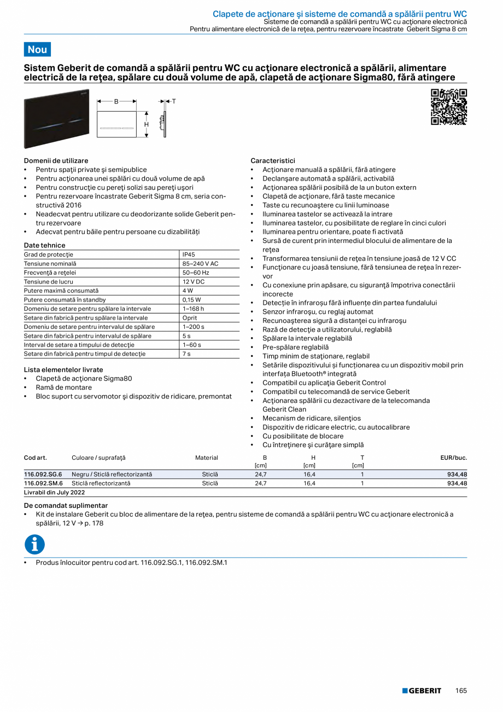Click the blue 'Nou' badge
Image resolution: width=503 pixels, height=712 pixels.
pyautogui.click(x=37, y=49)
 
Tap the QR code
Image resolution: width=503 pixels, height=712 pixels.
pyautogui.click(x=449, y=107)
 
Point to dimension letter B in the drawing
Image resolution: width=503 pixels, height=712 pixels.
pyautogui.click(x=116, y=101)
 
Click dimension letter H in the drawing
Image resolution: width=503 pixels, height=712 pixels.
pyautogui.click(x=146, y=124)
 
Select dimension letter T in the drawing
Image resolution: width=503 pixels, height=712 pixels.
pyautogui.click(x=174, y=101)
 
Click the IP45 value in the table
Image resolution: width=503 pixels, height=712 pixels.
pyautogui.click(x=189, y=254)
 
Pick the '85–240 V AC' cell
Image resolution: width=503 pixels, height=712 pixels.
pyautogui.click(x=200, y=264)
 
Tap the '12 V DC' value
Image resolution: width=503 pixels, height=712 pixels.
pyautogui.click(x=194, y=282)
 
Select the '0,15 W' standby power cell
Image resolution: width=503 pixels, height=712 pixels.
pyautogui.click(x=192, y=300)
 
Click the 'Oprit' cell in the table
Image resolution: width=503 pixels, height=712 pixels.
pyautogui.click(x=190, y=318)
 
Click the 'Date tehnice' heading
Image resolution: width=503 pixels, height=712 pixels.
pyautogui.click(x=44, y=245)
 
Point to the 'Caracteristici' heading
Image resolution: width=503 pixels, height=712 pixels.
pyautogui.click(x=272, y=161)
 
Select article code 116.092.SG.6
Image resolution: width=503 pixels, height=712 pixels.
pyautogui.click(x=43, y=474)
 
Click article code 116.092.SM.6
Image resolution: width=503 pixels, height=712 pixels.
pyautogui.click(x=43, y=484)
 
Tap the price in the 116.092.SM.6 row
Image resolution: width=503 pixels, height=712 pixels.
pyautogui.click(x=457, y=484)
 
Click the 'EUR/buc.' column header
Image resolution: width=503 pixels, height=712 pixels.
pyautogui.click(x=453, y=458)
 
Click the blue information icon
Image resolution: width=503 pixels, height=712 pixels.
pyautogui.click(x=34, y=545)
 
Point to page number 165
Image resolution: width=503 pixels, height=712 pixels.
pyautogui.click(x=461, y=691)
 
